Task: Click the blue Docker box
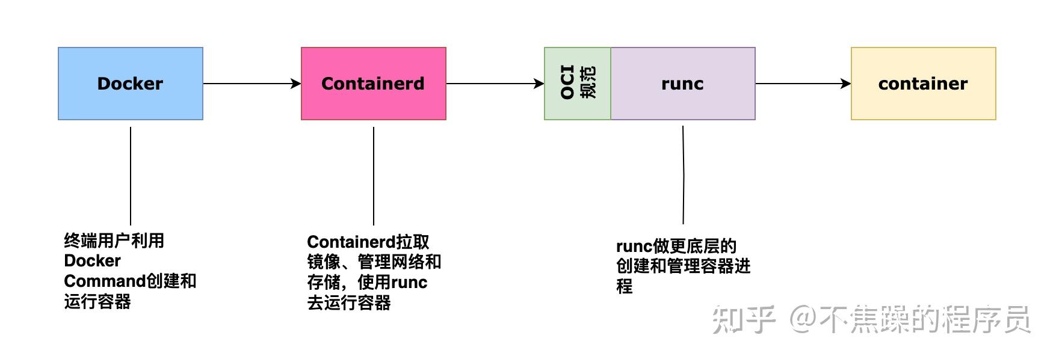[130, 84]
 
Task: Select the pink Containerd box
[373, 84]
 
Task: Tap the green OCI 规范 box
[577, 84]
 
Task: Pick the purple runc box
[682, 84]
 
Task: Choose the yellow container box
[923, 84]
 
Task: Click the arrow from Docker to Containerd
[252, 84]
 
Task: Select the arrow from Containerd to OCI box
[495, 84]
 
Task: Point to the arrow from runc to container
[803, 84]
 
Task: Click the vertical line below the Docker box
[131, 176]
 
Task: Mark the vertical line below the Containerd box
[374, 176]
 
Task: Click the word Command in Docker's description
[105, 281]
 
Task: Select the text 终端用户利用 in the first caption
[114, 241]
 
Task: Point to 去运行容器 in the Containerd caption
[349, 302]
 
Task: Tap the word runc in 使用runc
[409, 283]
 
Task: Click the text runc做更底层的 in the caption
[676, 247]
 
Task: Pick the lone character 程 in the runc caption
[625, 287]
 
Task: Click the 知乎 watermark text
[743, 319]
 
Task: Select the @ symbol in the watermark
[802, 319]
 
